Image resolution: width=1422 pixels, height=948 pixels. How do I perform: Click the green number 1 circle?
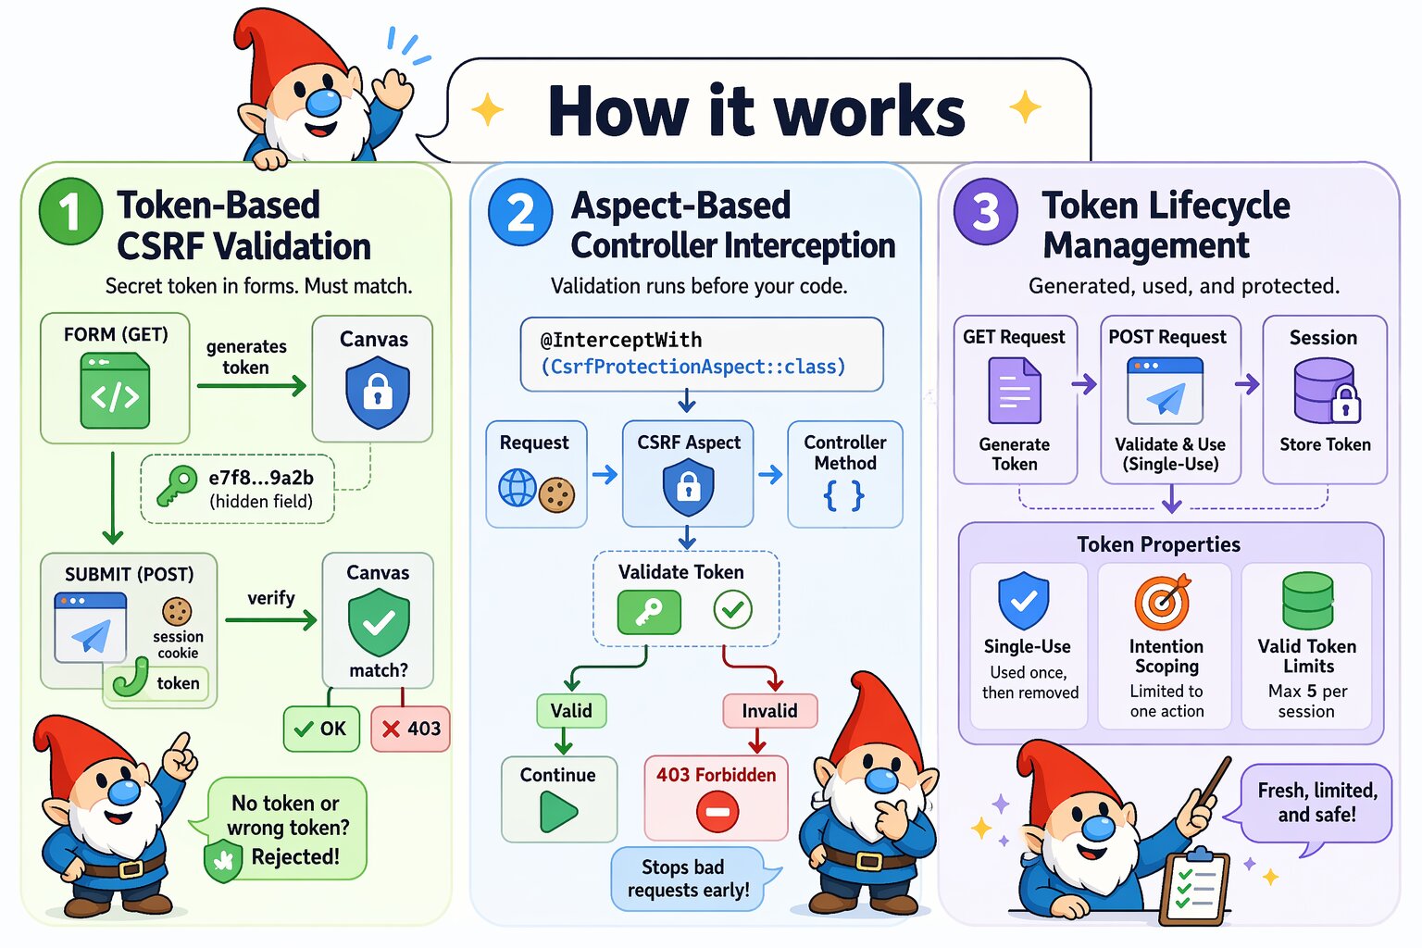click(x=70, y=211)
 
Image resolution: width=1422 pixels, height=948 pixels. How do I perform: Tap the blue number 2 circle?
click(x=520, y=212)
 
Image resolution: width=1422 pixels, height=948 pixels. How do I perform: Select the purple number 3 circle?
click(x=986, y=211)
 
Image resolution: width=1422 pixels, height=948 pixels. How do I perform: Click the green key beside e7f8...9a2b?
click(x=176, y=485)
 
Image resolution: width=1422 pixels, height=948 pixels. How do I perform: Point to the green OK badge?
click(x=320, y=729)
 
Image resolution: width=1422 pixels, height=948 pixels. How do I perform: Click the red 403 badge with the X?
click(x=411, y=729)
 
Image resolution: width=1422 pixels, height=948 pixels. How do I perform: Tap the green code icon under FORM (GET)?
click(x=115, y=394)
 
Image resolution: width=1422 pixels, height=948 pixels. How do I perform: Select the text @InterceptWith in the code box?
click(x=621, y=340)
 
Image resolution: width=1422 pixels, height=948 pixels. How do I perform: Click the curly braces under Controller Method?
click(x=843, y=496)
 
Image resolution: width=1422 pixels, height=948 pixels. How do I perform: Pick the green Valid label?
click(x=571, y=711)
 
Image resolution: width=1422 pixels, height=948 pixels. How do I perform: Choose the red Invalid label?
click(x=769, y=711)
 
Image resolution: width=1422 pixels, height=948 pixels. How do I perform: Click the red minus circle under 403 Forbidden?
click(x=717, y=812)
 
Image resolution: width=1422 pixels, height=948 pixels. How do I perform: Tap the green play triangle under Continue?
click(x=558, y=812)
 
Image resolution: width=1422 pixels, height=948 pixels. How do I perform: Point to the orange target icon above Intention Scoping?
click(x=1163, y=602)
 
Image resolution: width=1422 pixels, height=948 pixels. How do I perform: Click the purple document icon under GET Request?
click(x=1015, y=392)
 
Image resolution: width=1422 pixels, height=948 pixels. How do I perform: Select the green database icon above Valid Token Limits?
click(x=1308, y=601)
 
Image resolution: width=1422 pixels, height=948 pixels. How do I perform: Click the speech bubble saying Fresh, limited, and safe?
click(x=1316, y=803)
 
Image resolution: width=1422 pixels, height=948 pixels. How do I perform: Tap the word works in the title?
click(x=869, y=111)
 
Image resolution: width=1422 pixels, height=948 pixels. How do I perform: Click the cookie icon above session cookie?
click(x=177, y=611)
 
